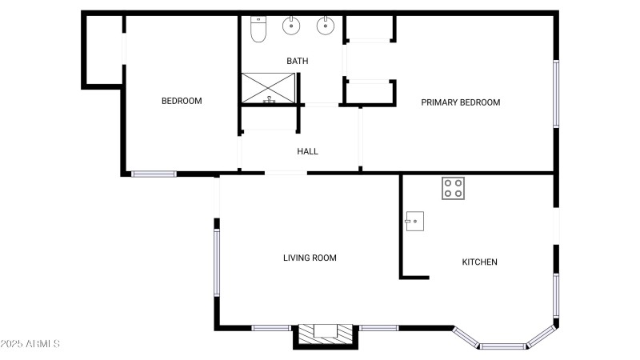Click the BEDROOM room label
tap(182, 101)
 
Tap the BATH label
tap(298, 61)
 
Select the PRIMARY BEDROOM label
tap(461, 102)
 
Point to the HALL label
tap(308, 151)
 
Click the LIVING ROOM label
tap(310, 258)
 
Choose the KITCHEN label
tap(480, 262)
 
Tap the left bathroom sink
tap(290, 26)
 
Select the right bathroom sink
tap(326, 26)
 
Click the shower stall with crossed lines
tap(269, 87)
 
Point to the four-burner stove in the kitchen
tap(453, 188)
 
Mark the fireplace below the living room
tap(326, 334)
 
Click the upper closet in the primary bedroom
tap(369, 29)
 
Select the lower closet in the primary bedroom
tap(369, 91)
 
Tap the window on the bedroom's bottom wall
tap(154, 173)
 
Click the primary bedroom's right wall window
tap(556, 94)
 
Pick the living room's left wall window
tap(216, 262)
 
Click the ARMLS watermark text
tap(30, 344)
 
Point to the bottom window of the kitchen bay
tap(503, 346)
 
